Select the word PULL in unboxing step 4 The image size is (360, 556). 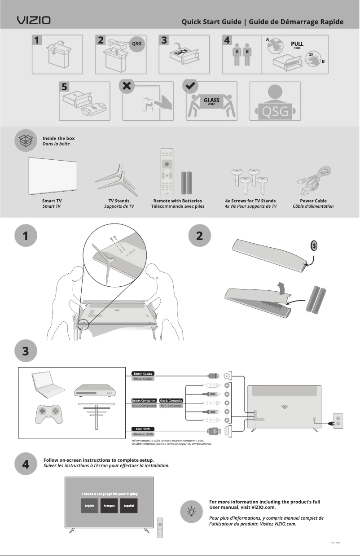click(297, 44)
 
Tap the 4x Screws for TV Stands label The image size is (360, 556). click(250, 201)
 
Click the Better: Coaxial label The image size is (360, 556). click(143, 373)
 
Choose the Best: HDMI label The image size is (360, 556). click(143, 429)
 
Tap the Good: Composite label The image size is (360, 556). click(171, 400)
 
